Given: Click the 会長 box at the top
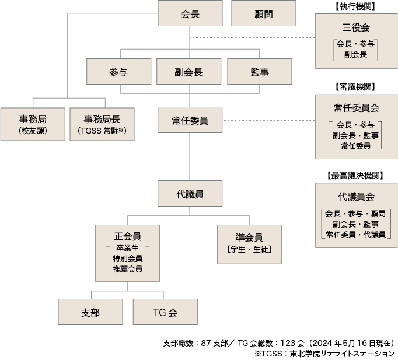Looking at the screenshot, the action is point(190,13).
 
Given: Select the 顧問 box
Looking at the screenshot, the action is point(264,13).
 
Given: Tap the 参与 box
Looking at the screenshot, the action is point(119,72).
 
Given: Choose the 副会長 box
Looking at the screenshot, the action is point(189,72).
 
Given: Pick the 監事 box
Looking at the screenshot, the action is point(260,72).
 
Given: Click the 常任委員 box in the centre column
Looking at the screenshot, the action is point(190,120).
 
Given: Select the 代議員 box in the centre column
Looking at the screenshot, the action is point(190,193).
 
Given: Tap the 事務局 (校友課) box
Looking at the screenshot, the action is point(33,124).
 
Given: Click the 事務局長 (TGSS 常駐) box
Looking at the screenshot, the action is point(102,124).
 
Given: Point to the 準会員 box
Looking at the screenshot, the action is point(249,244).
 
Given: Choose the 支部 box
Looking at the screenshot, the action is point(90,312).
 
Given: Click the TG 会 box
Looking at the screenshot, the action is point(165,312).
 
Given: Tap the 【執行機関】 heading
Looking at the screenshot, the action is point(355,6).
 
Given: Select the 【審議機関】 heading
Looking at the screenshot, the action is point(355,87).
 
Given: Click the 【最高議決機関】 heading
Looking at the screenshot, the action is point(355,175).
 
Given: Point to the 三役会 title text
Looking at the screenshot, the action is point(356,27).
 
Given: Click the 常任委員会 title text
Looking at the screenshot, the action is point(357,108).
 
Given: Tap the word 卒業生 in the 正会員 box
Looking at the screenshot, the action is point(127,248).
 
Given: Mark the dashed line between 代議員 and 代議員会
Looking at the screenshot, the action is point(269,194).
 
